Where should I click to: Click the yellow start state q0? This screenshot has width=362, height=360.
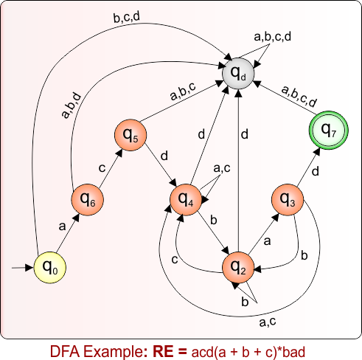[x=49, y=266]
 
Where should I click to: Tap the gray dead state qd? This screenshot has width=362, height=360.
[x=238, y=73]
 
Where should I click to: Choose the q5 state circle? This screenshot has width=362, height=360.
[x=130, y=135]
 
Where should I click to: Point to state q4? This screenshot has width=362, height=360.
[x=186, y=198]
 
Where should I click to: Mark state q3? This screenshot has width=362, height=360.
[x=287, y=198]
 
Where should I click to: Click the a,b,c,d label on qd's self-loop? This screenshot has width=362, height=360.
[x=272, y=36]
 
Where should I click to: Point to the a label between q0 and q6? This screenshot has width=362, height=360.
[x=60, y=229]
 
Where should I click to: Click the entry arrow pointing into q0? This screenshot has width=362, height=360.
[x=22, y=266]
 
